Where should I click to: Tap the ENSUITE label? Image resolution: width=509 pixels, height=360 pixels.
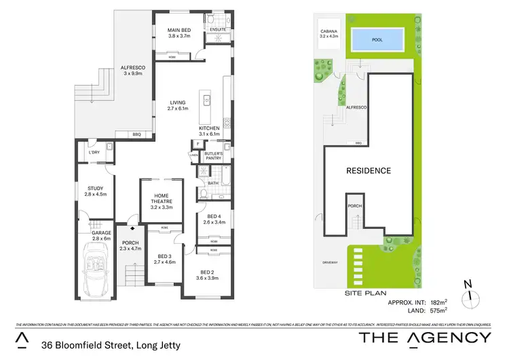pos(217,29)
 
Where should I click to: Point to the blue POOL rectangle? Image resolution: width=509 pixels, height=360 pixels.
pos(377,40)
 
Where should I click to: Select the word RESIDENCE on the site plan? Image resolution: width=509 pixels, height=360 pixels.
pos(369,170)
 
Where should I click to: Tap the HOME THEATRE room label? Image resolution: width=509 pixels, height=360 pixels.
pos(161,201)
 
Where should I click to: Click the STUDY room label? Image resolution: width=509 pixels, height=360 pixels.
pos(95,192)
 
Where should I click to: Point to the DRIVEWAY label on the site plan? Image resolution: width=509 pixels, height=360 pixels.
pos(332,262)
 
